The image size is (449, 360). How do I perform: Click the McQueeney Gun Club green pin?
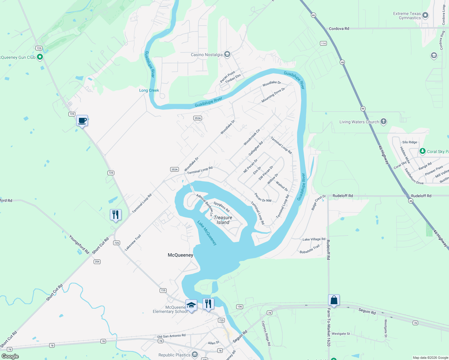(x=40, y=57)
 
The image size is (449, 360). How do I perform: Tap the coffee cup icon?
(x=82, y=121)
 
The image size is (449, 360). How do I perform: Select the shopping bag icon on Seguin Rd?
(x=334, y=300)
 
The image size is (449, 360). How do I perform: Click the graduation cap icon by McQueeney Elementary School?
(x=191, y=305)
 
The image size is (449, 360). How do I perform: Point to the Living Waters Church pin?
(x=384, y=121)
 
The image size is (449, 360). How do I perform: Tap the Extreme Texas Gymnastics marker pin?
(x=425, y=15)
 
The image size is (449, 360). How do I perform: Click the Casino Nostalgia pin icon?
(x=227, y=54)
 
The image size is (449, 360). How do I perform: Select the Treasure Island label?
(x=223, y=220)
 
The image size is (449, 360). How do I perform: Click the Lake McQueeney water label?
(x=207, y=233)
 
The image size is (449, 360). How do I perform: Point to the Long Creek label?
(x=149, y=90)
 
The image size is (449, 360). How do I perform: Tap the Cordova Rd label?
(x=339, y=29)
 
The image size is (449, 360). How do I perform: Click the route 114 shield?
(x=323, y=43)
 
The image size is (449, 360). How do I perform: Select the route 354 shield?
(x=97, y=262)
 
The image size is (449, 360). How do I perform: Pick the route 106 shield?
(x=240, y=307)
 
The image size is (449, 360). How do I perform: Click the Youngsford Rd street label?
(x=79, y=244)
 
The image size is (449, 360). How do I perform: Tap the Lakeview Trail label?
(x=133, y=242)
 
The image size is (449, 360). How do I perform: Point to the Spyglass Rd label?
(x=221, y=207)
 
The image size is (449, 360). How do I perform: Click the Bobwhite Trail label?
(x=309, y=249)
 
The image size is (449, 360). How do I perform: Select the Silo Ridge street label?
(x=410, y=142)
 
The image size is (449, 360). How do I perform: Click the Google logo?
(x=10, y=356)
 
